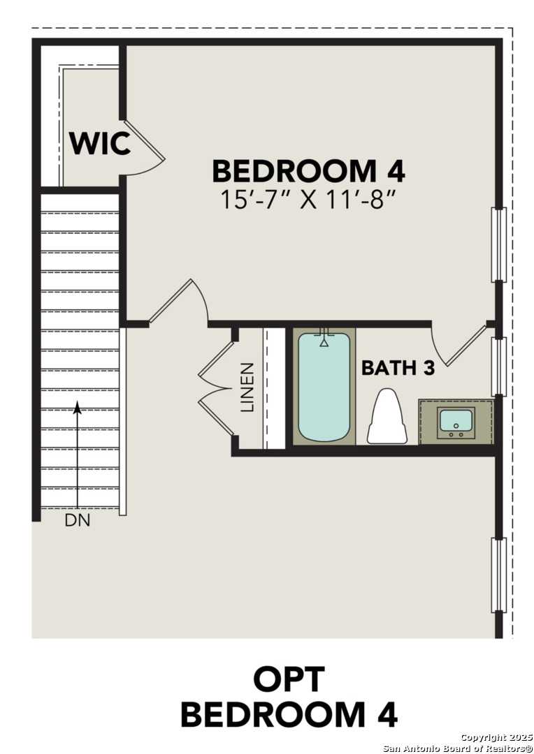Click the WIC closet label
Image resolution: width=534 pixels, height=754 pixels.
click(x=99, y=143)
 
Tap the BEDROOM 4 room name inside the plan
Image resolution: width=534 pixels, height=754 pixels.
click(x=308, y=172)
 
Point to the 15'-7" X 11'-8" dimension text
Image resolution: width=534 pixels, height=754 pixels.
click(x=308, y=200)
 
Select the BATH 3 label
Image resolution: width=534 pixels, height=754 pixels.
click(x=398, y=368)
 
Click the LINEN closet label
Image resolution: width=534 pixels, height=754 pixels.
click(x=248, y=387)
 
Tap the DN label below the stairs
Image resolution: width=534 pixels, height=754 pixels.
click(x=78, y=520)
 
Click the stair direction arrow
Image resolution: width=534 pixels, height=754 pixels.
click(x=78, y=454)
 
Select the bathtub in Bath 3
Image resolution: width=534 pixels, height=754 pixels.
click(x=324, y=387)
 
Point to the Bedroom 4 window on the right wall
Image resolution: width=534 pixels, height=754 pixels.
click(x=498, y=244)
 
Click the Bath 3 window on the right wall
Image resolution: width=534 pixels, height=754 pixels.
click(x=498, y=367)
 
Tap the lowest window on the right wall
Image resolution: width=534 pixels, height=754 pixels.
click(x=498, y=574)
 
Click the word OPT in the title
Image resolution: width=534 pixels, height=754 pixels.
click(x=289, y=679)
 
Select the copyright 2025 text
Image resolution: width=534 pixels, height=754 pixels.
click(x=497, y=738)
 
